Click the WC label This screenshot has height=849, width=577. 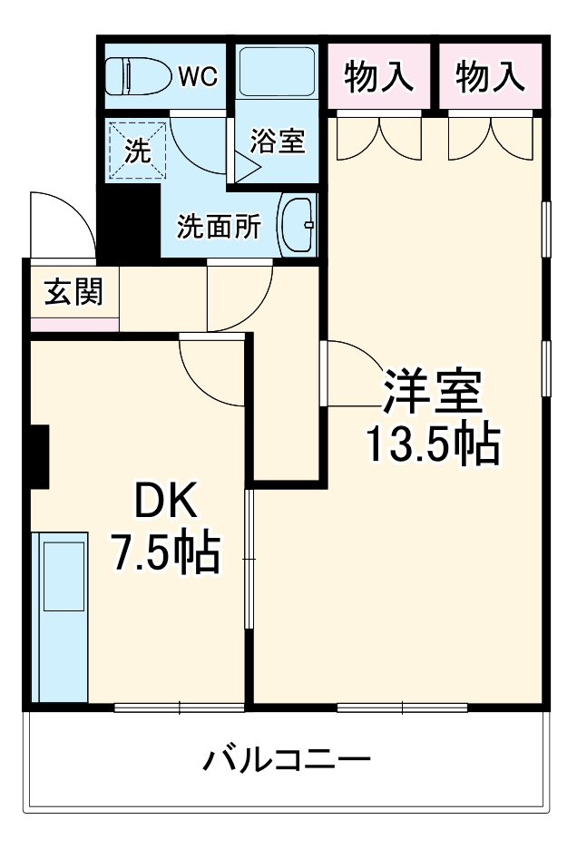point(197,76)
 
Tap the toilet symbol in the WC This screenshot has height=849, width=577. point(135,76)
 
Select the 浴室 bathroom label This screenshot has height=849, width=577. point(277,141)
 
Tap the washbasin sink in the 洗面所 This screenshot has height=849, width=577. point(297,225)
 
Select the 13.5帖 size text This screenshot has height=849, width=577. point(432,444)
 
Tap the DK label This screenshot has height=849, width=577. point(164,500)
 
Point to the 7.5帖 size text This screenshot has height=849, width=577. point(164,551)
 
